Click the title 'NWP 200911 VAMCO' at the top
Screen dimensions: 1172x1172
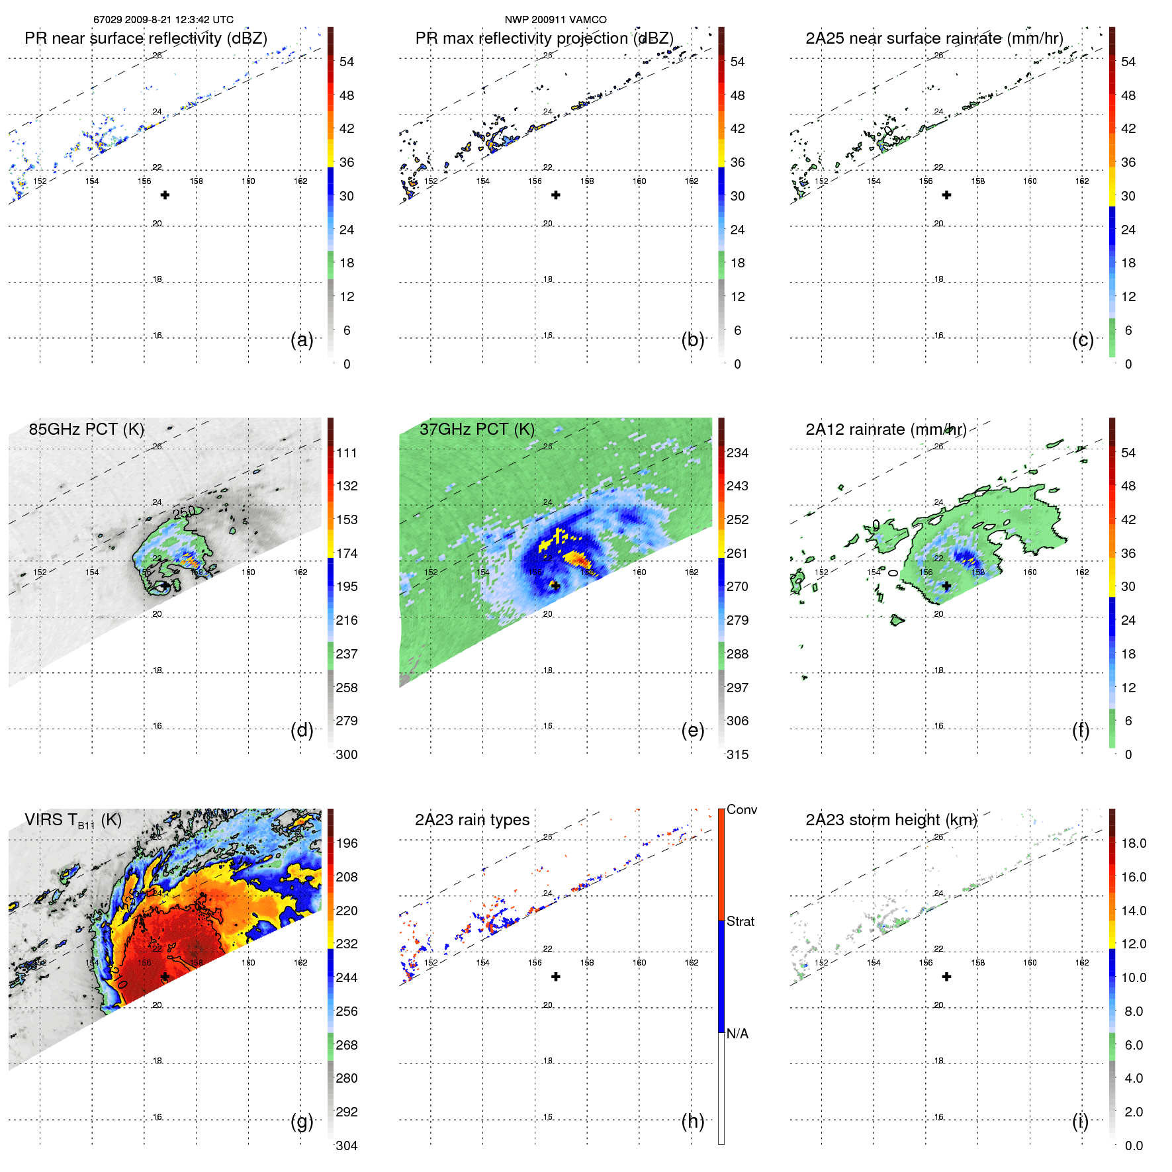coord(555,20)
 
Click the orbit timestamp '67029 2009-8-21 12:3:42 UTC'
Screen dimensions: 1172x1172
coord(163,20)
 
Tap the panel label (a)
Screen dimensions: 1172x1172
coord(302,339)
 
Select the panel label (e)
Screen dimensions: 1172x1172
coord(692,730)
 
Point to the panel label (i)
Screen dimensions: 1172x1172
coord(1080,1121)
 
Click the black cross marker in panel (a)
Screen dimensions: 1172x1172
coord(165,195)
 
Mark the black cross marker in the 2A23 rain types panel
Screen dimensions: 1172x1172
coord(556,977)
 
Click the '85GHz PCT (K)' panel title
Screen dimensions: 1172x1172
coord(87,429)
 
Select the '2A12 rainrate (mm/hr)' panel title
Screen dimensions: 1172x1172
coord(886,429)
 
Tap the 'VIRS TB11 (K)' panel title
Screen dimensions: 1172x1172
coord(73,821)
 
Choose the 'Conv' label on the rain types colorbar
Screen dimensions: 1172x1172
coord(742,809)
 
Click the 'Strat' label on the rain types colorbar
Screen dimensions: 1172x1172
coord(741,921)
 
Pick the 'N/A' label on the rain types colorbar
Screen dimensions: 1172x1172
coord(737,1034)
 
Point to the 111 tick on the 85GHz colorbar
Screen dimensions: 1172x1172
coord(347,453)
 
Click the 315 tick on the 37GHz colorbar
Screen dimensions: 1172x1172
coord(737,754)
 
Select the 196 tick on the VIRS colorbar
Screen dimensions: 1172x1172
coord(347,843)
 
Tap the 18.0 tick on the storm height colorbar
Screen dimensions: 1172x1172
coord(1134,843)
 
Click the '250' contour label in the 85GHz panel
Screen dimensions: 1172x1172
coord(184,512)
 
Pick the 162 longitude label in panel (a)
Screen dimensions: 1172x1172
coord(300,181)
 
